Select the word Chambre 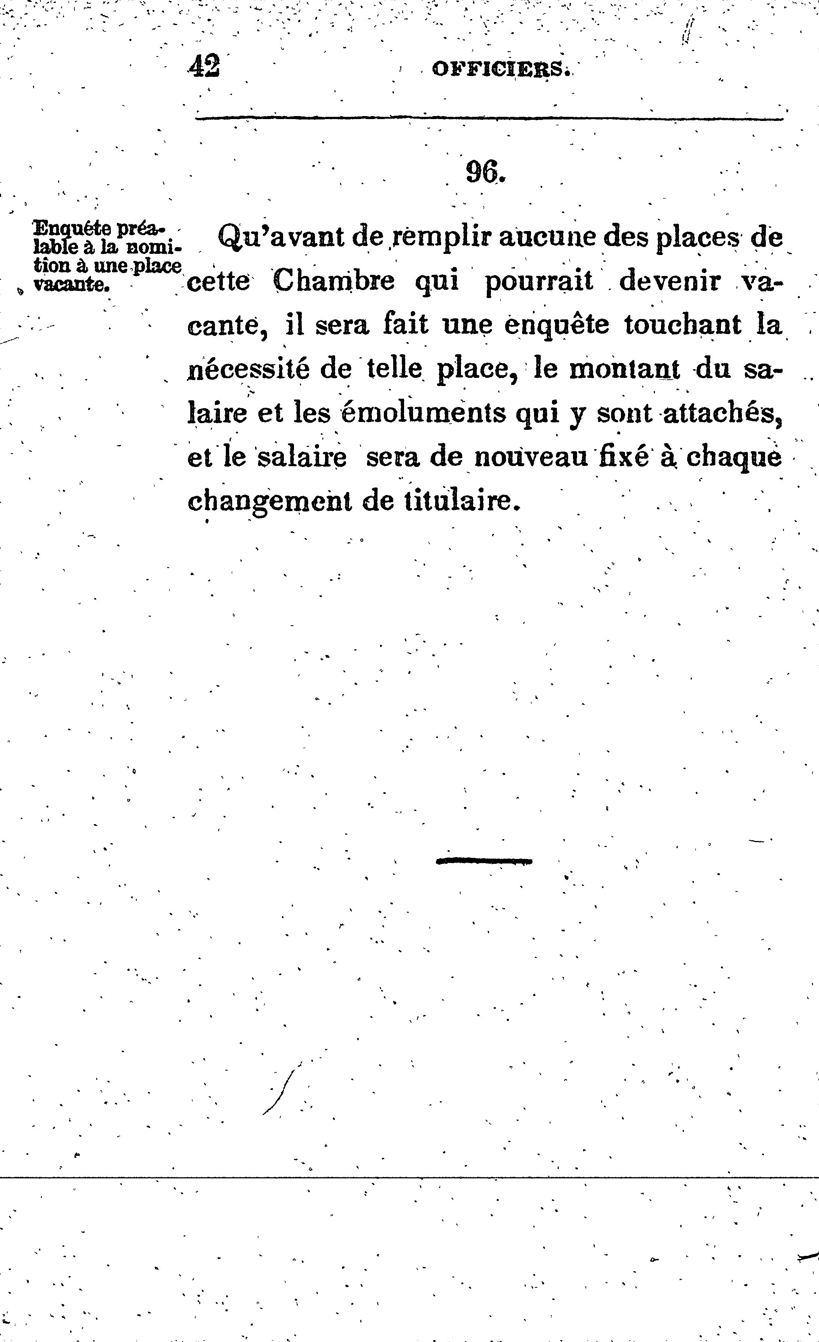[333, 282]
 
